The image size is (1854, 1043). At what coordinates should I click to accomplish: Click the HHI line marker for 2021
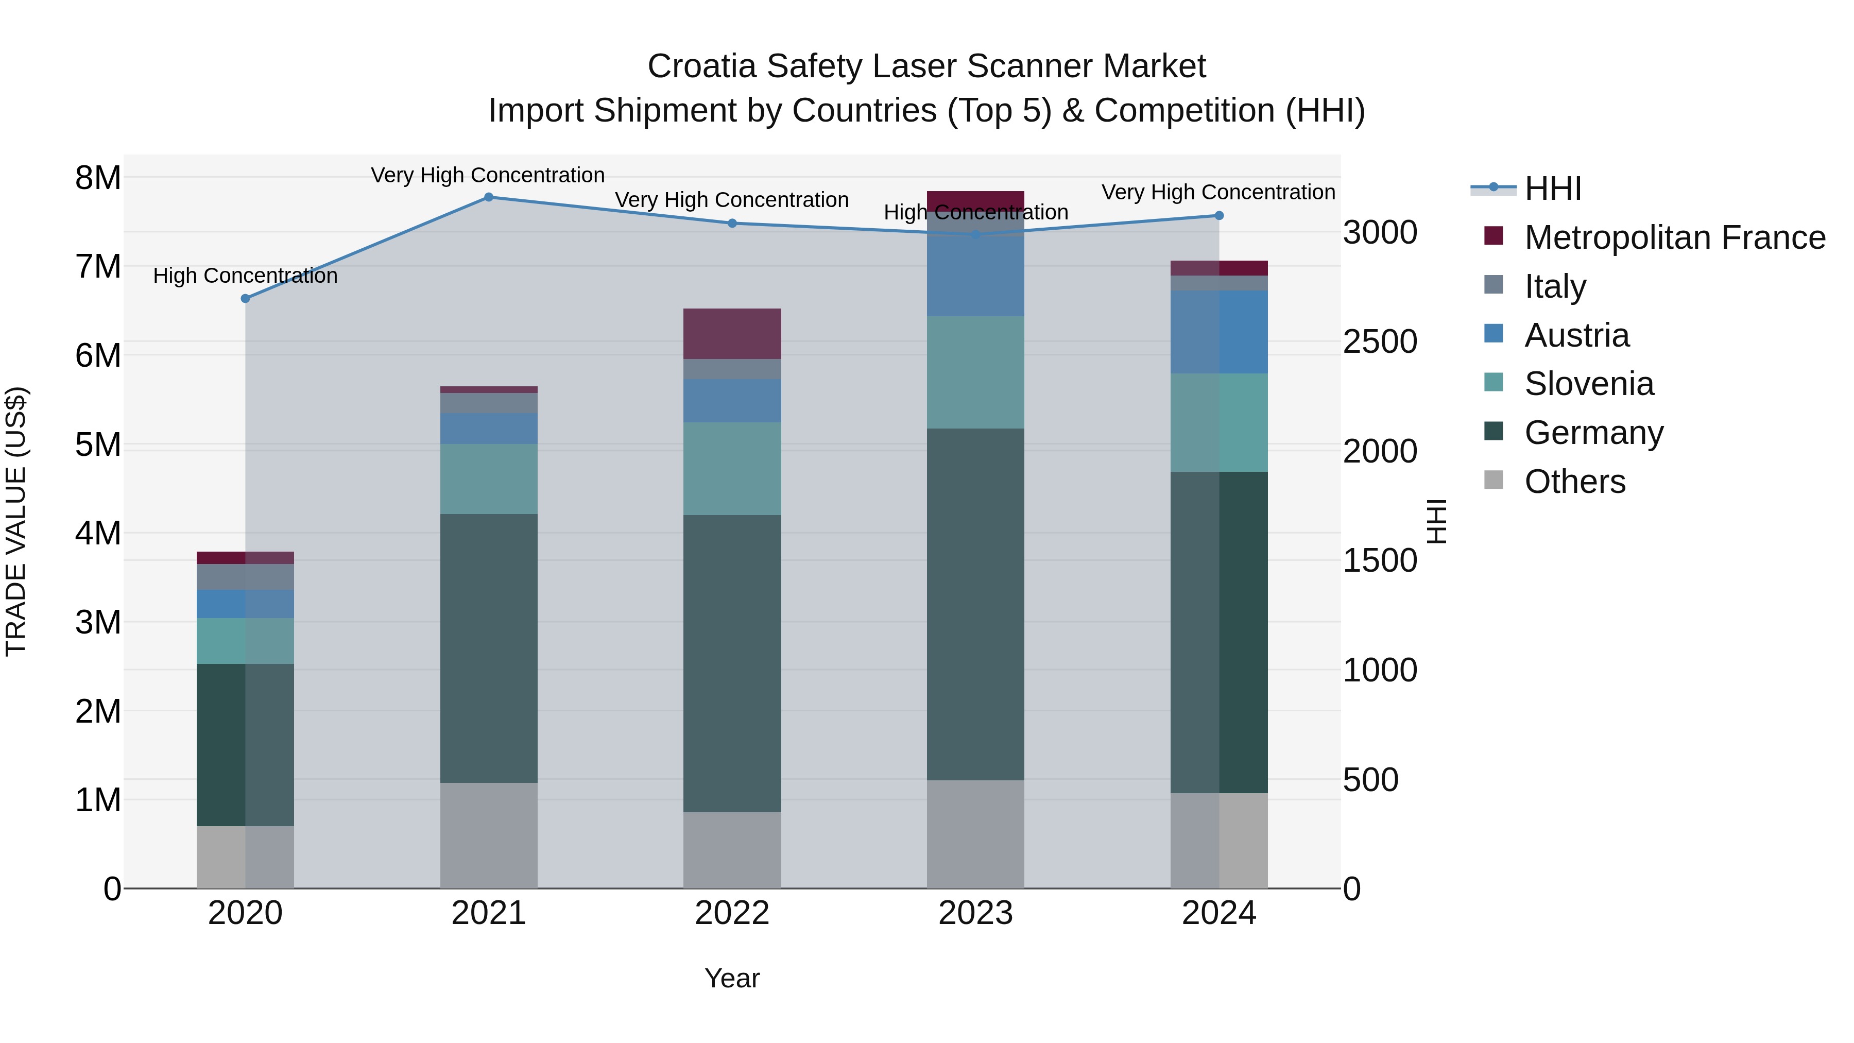click(x=489, y=197)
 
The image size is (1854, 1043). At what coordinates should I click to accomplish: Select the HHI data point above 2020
click(x=246, y=299)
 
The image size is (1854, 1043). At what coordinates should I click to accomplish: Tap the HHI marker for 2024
click(x=1219, y=216)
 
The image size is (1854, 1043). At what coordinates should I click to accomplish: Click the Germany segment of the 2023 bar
click(x=975, y=605)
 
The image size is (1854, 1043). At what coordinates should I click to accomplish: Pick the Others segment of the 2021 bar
click(x=489, y=835)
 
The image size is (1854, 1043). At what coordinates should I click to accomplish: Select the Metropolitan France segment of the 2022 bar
click(x=732, y=334)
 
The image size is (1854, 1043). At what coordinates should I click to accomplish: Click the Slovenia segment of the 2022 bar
click(x=732, y=469)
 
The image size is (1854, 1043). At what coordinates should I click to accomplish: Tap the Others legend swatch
click(x=1493, y=480)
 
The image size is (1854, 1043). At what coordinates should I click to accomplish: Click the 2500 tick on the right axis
click(x=1380, y=342)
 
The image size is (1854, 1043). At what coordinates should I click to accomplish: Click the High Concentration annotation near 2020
click(x=246, y=276)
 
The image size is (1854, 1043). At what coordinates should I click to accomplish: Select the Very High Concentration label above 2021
click(x=488, y=175)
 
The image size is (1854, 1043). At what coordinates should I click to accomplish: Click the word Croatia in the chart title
click(x=702, y=66)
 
